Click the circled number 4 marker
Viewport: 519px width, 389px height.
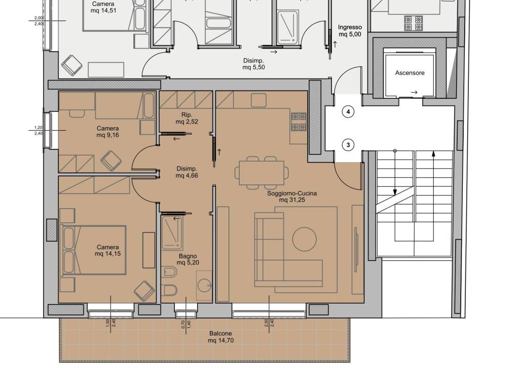tap(348, 112)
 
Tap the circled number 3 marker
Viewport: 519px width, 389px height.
tap(348, 145)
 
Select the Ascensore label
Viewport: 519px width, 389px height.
tap(410, 73)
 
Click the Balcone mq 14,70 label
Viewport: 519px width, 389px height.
tap(221, 337)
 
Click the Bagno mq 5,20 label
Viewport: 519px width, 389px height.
tap(188, 259)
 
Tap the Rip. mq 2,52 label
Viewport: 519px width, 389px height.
tap(187, 118)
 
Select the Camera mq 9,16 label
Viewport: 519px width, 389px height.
tap(107, 132)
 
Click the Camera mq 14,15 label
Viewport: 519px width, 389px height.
tap(107, 250)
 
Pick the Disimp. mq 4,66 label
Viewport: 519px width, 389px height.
tap(187, 172)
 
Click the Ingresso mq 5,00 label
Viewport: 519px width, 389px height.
tap(350, 31)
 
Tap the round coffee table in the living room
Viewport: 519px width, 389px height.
tap(304, 239)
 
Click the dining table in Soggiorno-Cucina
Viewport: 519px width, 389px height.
tap(262, 173)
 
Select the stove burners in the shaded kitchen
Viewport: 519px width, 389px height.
tap(299, 122)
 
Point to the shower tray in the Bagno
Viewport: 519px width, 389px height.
tap(172, 232)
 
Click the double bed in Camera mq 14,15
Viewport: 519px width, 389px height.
tap(94, 250)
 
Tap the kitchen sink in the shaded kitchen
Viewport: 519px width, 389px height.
tap(258, 100)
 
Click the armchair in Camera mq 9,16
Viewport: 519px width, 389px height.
tap(110, 161)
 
